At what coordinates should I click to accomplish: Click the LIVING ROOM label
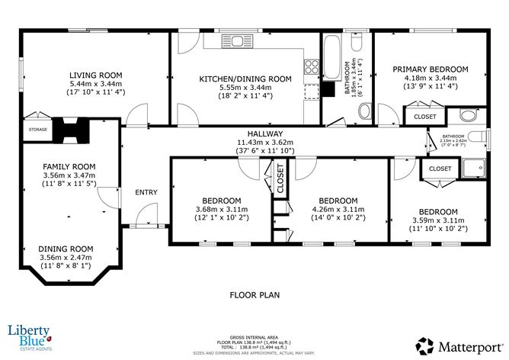pyautogui.click(x=95, y=75)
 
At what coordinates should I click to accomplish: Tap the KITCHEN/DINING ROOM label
pyautogui.click(x=245, y=79)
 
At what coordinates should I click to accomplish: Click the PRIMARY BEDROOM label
pyautogui.click(x=431, y=69)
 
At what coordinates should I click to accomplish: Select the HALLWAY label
pyautogui.click(x=261, y=133)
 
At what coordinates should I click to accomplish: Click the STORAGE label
pyautogui.click(x=38, y=130)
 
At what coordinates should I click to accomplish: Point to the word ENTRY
pyautogui.click(x=146, y=192)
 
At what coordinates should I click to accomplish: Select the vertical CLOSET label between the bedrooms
pyautogui.click(x=280, y=182)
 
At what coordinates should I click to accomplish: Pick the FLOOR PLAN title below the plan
pyautogui.click(x=255, y=294)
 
